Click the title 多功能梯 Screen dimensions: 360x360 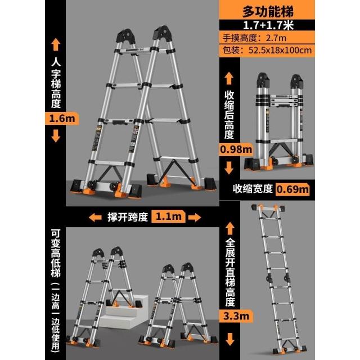pos(268,11)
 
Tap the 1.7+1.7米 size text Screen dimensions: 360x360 pos(268,25)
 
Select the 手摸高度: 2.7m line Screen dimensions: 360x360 pos(254,38)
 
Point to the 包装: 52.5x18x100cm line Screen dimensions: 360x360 pos(267,50)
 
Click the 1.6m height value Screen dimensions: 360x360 pos(62,119)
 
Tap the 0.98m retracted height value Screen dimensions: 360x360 pos(236,150)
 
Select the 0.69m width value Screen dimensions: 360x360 pos(292,189)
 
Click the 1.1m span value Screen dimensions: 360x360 pos(169,216)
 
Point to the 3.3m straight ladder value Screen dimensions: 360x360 pos(236,316)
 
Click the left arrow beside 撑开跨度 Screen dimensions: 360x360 pos(95,217)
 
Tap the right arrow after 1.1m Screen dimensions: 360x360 pos(195,217)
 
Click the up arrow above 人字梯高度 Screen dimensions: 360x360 pos(56,44)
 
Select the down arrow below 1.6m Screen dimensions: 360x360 pos(56,136)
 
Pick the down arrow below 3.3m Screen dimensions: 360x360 pos(229,339)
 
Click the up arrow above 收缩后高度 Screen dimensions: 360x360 pos(229,78)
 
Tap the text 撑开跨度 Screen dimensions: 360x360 pos(128,217)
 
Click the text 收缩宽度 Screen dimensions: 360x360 pos(253,189)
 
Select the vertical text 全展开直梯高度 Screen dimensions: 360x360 pos(230,272)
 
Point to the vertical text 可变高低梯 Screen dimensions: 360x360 pos(56,253)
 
